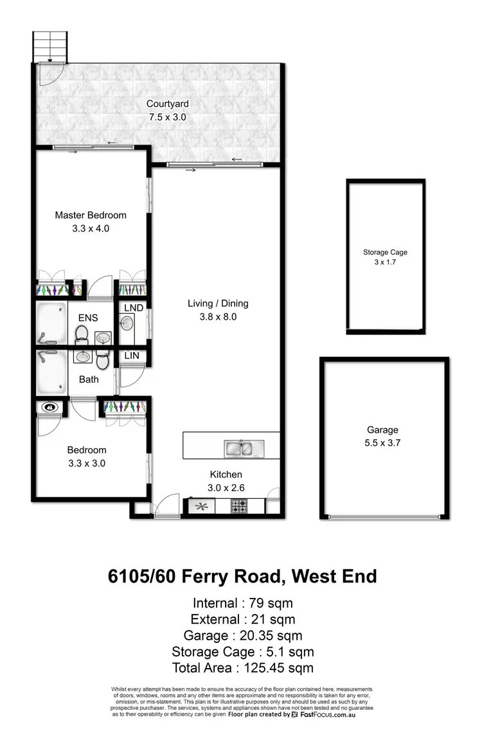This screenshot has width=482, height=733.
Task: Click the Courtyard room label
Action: coord(167,104)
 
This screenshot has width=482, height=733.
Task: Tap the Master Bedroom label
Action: coord(91,215)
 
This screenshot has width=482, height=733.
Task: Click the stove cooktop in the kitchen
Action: coord(239,506)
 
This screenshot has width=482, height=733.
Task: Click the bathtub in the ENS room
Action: coord(51,324)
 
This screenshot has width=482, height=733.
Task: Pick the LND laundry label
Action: coord(133,309)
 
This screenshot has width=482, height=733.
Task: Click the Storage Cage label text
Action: coord(385,253)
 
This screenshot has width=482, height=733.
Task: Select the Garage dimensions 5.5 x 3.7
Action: coord(383,442)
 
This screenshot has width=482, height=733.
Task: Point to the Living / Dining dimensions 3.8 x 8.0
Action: coord(218,316)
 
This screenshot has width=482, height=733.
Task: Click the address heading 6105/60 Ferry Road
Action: coord(242,576)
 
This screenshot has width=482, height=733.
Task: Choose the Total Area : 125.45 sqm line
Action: coord(242,667)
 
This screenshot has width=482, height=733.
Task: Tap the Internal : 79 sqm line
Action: coord(242,603)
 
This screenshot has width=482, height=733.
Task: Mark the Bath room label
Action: coord(89,379)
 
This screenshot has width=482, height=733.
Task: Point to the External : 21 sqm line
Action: coord(242,619)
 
